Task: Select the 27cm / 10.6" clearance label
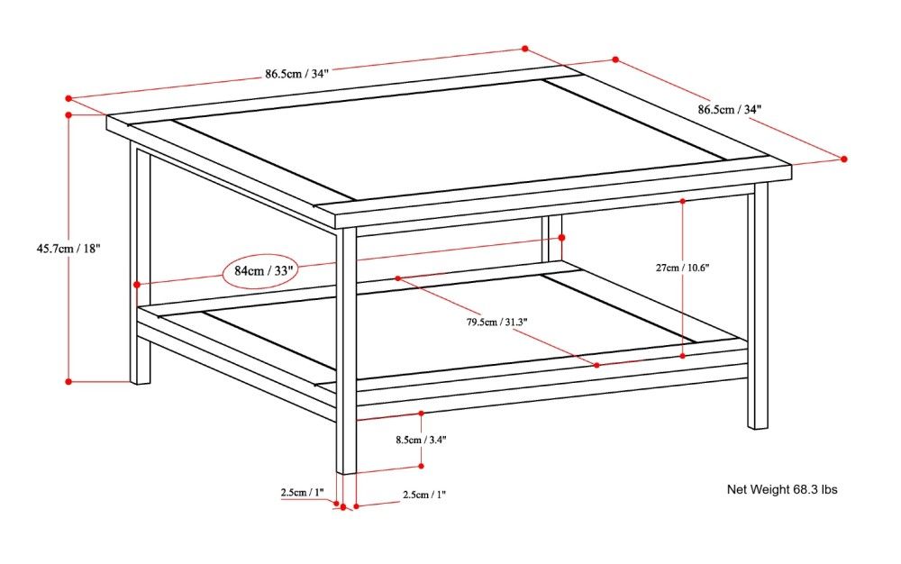coord(682,268)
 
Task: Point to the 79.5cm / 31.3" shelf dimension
coord(496,323)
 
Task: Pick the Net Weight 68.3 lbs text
coord(782,490)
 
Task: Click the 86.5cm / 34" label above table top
coord(296,74)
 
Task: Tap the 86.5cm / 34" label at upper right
coord(730,109)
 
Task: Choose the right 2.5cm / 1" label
coord(424,495)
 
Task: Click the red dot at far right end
coord(844,159)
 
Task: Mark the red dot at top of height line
coord(69,114)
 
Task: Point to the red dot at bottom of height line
coord(69,382)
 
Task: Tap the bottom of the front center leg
coord(347,469)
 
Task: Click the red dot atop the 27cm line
coord(683,200)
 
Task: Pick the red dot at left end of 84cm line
coord(137,285)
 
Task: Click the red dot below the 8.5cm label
coord(422,466)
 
